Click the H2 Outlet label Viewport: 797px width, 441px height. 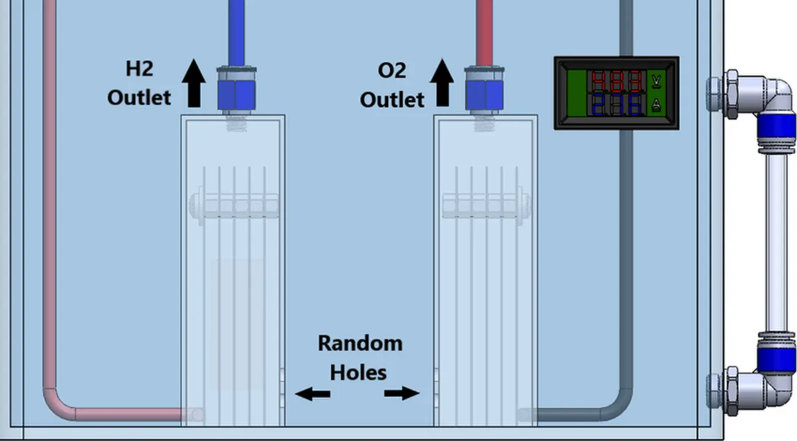(x=139, y=83)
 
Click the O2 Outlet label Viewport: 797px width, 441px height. (x=392, y=84)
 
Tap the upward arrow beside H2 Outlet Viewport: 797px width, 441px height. (x=194, y=82)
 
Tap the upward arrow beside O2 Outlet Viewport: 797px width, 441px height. (x=442, y=82)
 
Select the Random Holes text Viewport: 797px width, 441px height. (x=359, y=357)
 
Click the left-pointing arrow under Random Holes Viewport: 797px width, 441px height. (x=312, y=395)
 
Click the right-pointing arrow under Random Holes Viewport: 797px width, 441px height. (x=402, y=393)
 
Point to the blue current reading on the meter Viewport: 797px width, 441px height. (x=617, y=105)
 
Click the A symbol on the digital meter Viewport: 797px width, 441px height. (x=657, y=105)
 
